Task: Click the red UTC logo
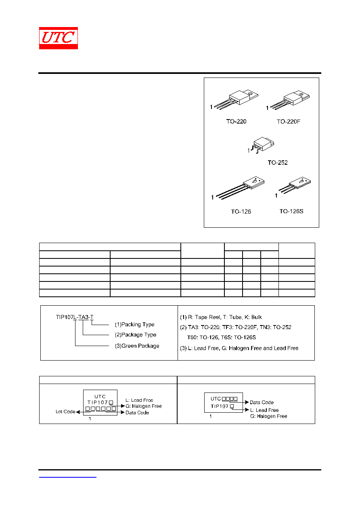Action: (x=59, y=38)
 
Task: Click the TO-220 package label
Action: (x=236, y=122)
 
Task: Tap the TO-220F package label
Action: (x=288, y=122)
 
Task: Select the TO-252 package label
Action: (x=278, y=163)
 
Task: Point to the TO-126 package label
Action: (x=241, y=212)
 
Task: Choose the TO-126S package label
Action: (x=291, y=211)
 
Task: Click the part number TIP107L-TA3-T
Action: (x=75, y=317)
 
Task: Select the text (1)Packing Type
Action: (x=134, y=324)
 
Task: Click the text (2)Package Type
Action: (x=136, y=335)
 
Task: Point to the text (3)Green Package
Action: (x=137, y=346)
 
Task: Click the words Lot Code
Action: (x=65, y=411)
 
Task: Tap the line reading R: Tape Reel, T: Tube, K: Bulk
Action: (x=225, y=317)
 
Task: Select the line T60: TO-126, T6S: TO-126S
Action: (x=222, y=338)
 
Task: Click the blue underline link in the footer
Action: (x=68, y=477)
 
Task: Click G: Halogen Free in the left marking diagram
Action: (x=144, y=406)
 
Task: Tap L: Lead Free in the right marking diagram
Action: (x=264, y=410)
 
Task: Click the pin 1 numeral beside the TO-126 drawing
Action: (x=212, y=197)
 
